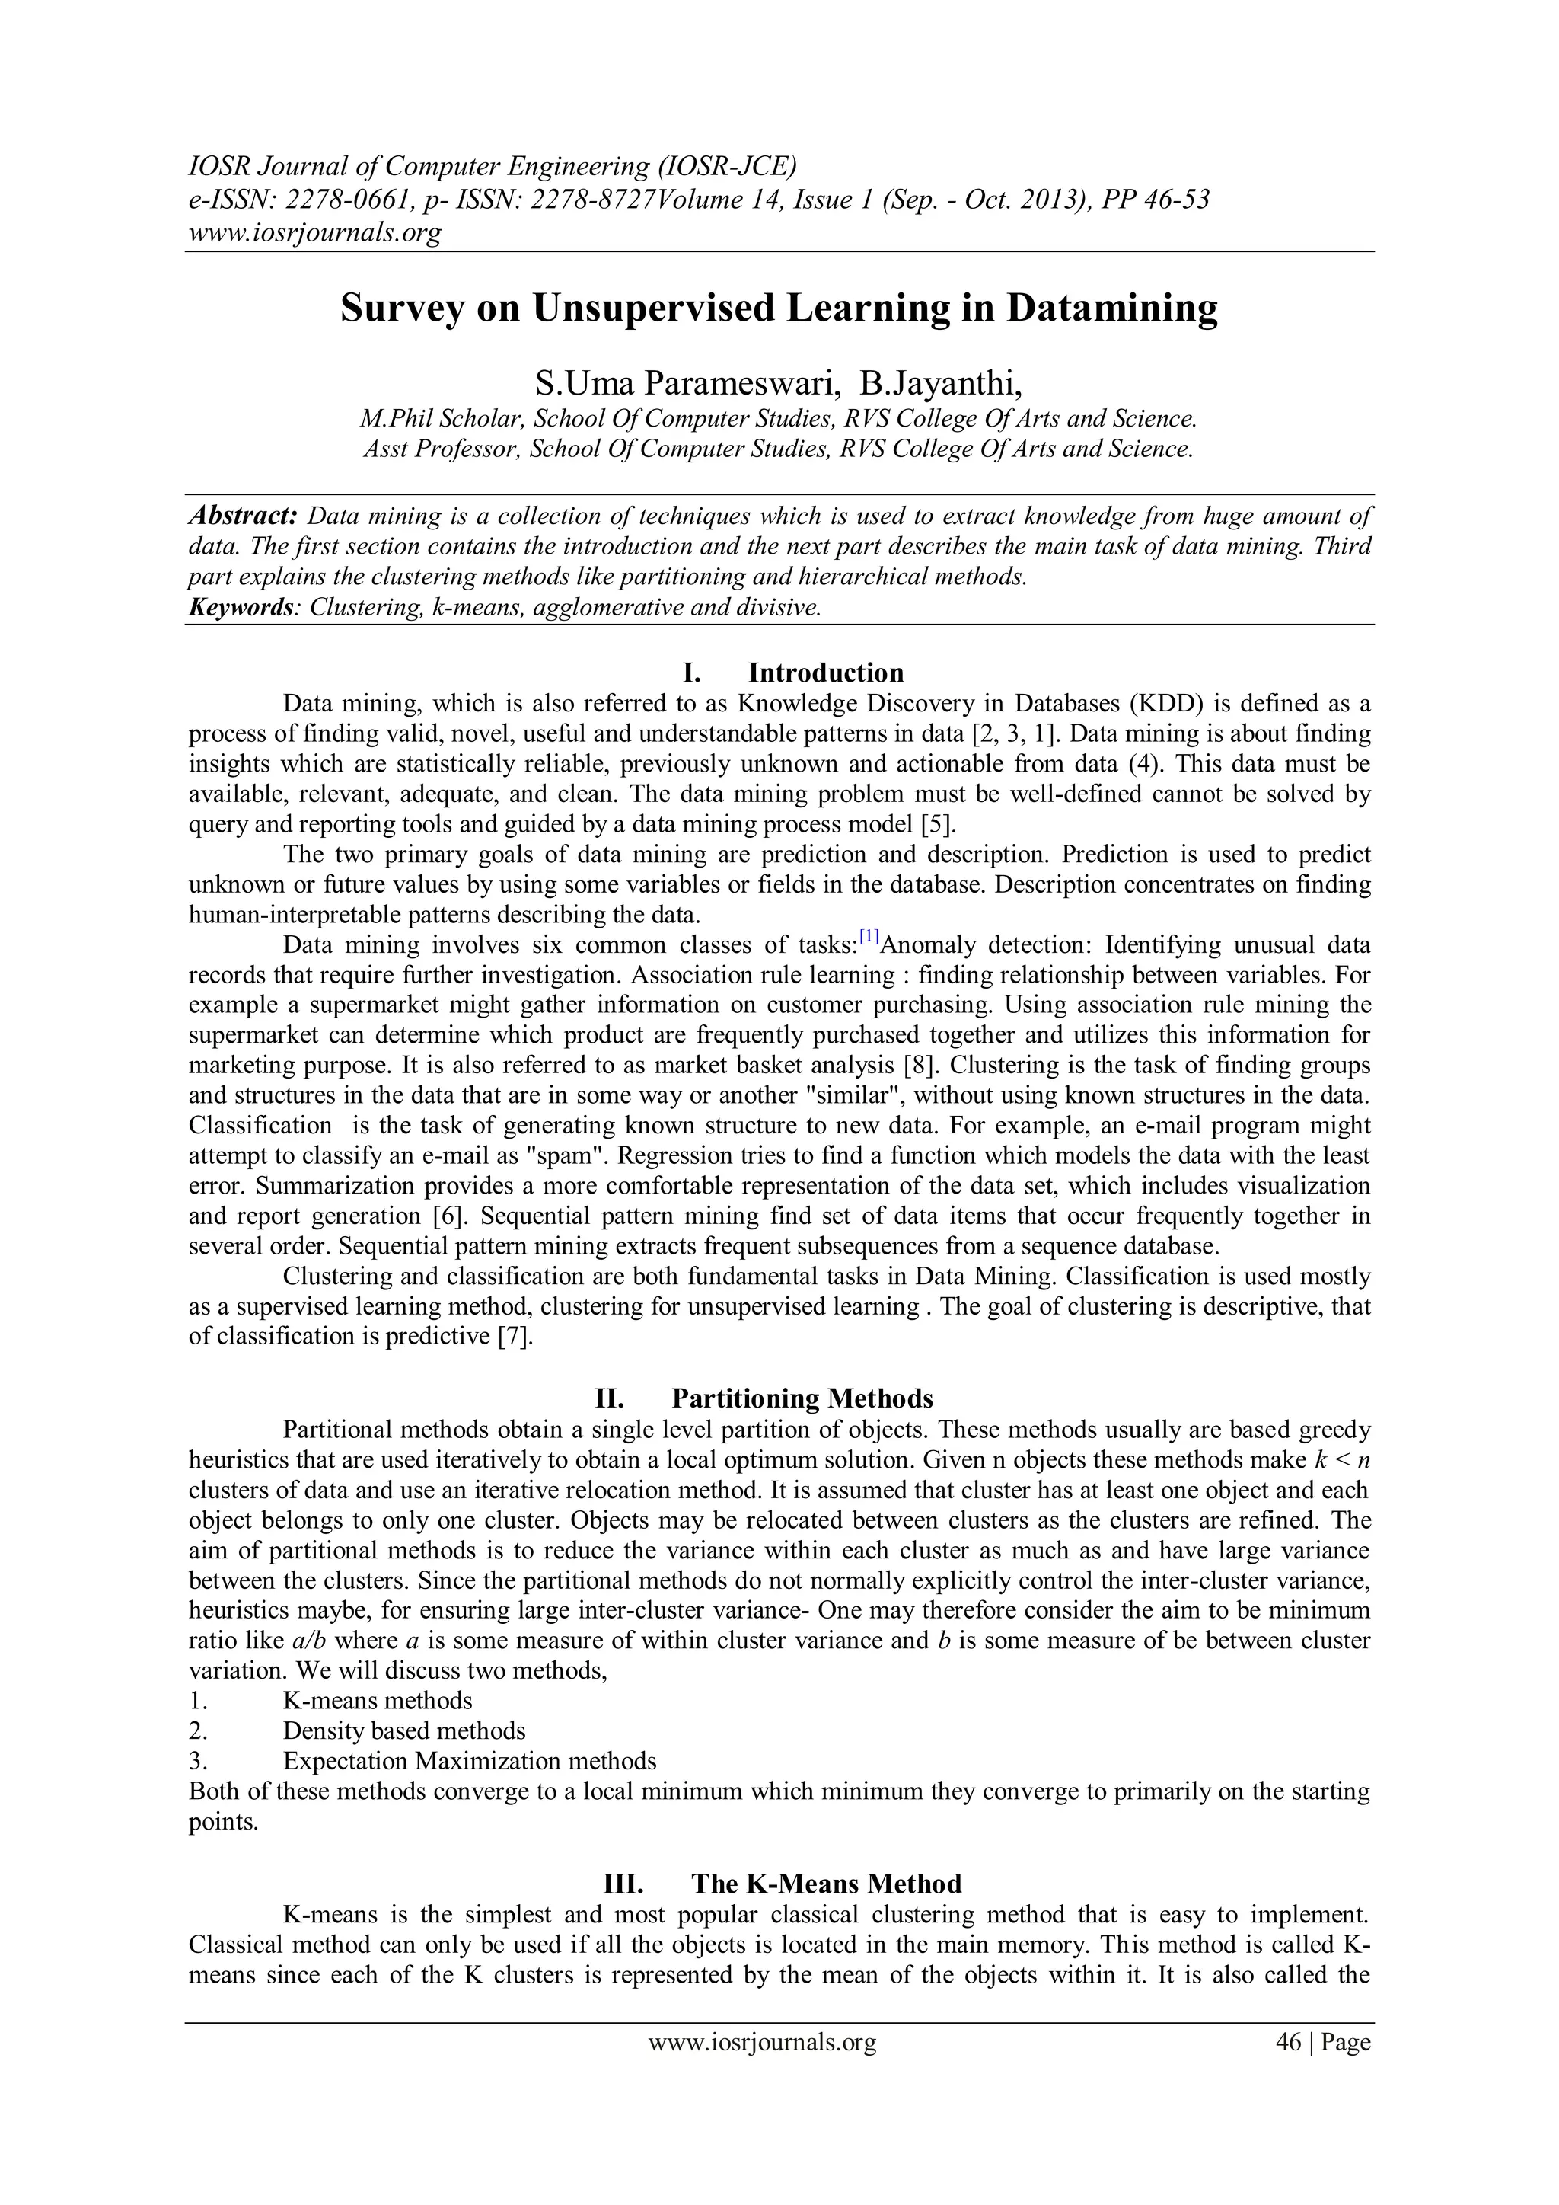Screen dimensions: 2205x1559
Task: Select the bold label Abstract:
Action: pyautogui.click(x=243, y=516)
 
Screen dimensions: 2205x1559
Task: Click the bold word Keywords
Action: pyautogui.click(x=240, y=608)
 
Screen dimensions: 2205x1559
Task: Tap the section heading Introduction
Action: pyautogui.click(x=826, y=673)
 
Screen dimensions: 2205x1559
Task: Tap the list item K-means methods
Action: pyautogui.click(x=378, y=1701)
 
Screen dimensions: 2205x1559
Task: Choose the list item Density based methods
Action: pyautogui.click(x=404, y=1731)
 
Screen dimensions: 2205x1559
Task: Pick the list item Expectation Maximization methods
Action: pyautogui.click(x=470, y=1761)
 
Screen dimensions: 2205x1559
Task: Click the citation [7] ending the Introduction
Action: pyautogui.click(x=515, y=1337)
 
